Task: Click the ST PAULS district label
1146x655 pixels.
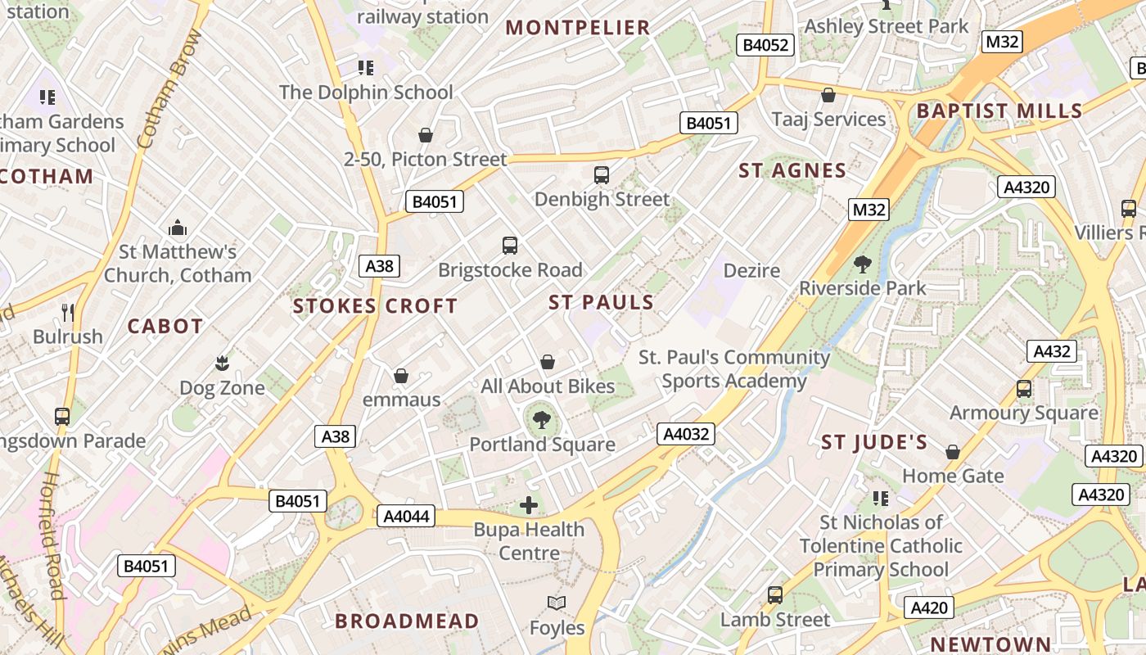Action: coord(602,302)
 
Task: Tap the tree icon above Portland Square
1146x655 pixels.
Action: coord(541,421)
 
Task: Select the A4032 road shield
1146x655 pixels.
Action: coord(685,434)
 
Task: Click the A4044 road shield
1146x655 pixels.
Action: coord(407,516)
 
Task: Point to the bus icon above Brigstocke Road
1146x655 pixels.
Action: coord(510,246)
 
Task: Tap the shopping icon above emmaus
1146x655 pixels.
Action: coord(401,376)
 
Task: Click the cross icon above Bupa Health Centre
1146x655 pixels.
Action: coord(530,505)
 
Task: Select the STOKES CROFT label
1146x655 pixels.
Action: coord(376,306)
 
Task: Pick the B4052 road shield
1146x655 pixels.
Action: coord(765,45)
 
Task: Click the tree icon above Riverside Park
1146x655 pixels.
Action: coord(862,264)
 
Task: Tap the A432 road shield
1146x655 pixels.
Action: coord(1052,351)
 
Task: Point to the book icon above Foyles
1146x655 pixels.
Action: coord(557,603)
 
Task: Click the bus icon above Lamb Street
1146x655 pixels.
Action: coord(774,595)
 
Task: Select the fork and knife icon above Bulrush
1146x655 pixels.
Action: coord(68,312)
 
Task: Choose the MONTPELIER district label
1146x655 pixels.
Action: coord(578,28)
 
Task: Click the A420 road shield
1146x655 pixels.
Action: coord(929,608)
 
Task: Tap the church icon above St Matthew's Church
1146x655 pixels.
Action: coord(177,228)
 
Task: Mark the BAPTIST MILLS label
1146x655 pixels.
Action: coord(999,111)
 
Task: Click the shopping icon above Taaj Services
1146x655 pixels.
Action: coord(828,95)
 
